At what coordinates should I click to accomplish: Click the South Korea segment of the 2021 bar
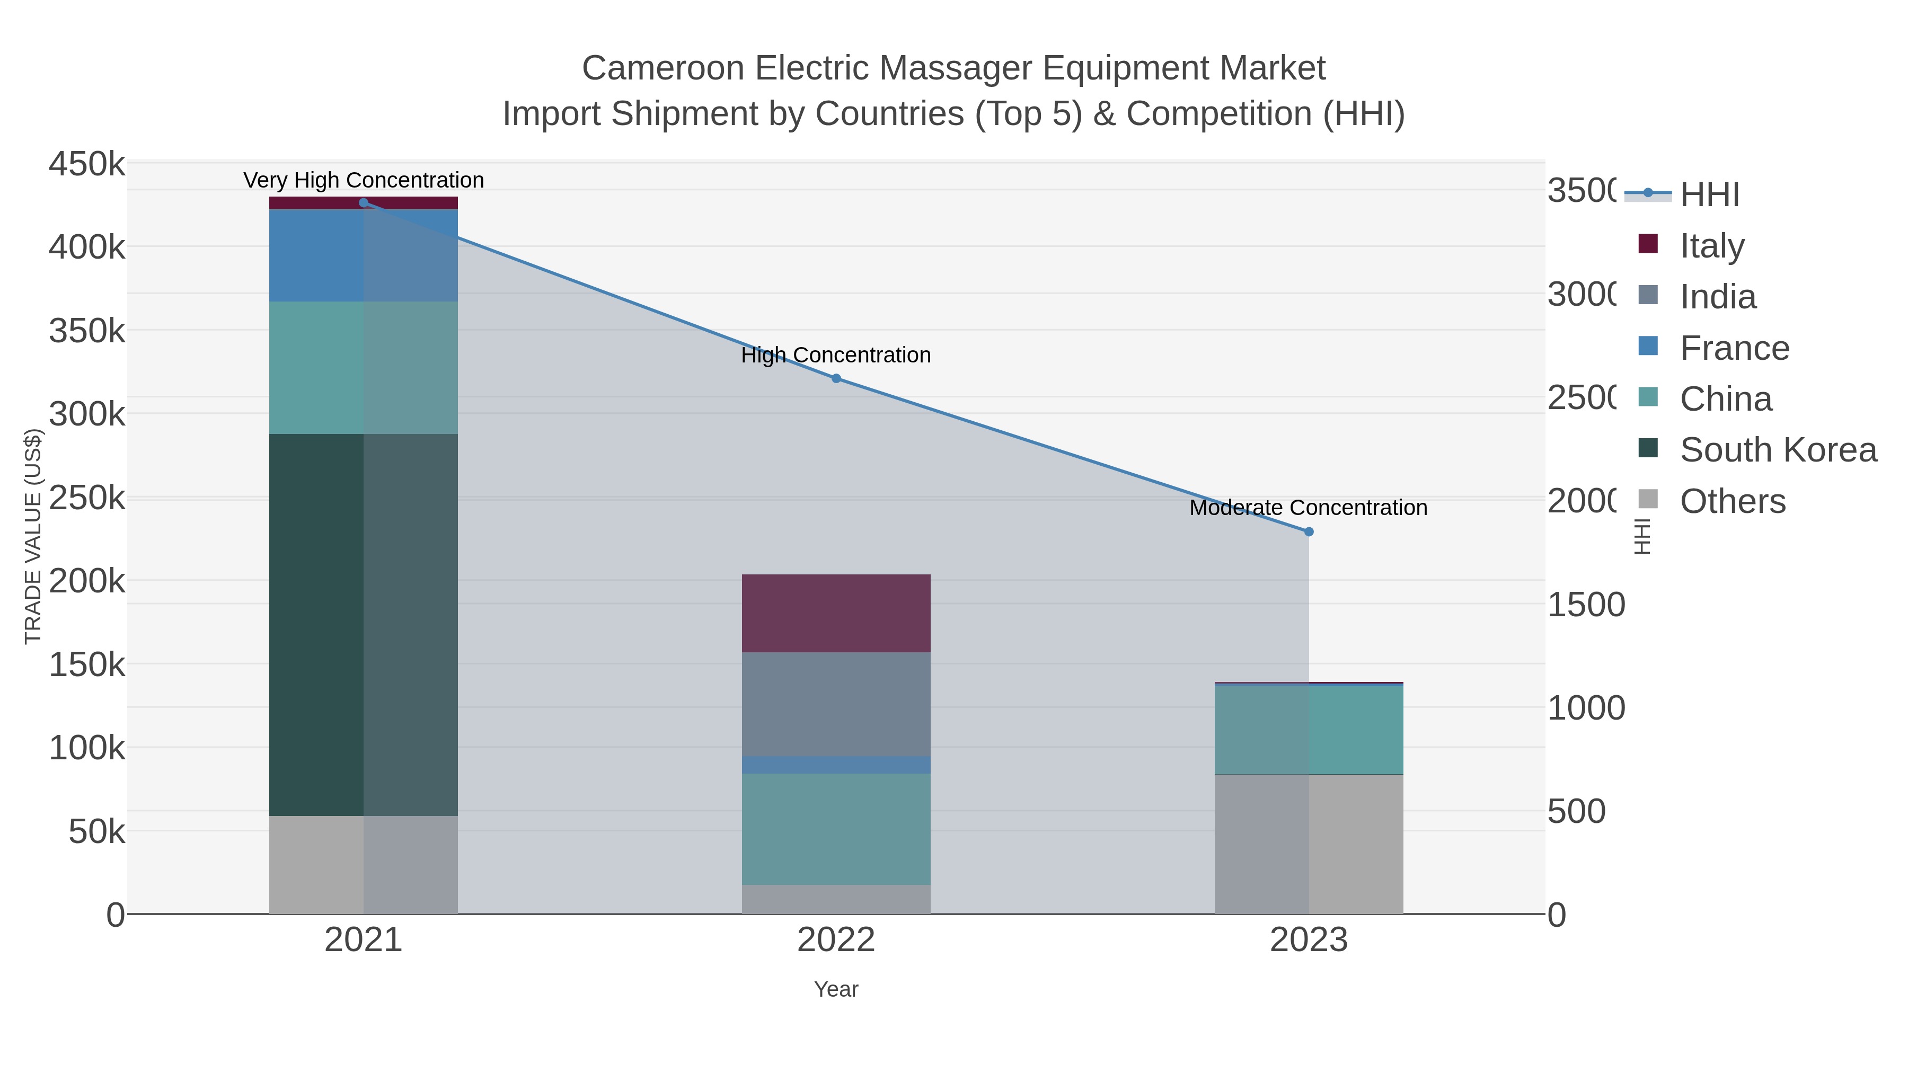(x=363, y=624)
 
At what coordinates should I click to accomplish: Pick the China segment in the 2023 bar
(x=1309, y=730)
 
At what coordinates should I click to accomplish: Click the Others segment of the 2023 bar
(x=1309, y=844)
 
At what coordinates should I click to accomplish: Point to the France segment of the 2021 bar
(x=363, y=255)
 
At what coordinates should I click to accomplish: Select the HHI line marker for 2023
(x=1309, y=531)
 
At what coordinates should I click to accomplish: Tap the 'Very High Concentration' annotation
(x=363, y=180)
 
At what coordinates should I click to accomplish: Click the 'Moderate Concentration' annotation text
(x=1308, y=508)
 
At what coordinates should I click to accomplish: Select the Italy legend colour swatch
(x=1648, y=244)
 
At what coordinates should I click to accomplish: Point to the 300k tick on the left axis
(x=87, y=414)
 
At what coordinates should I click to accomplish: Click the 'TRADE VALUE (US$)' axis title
(x=33, y=536)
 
